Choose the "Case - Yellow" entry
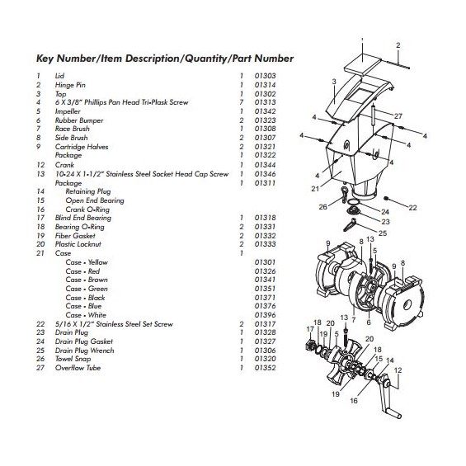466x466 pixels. click(x=86, y=262)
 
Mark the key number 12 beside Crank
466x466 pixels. click(x=39, y=163)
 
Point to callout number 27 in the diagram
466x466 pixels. click(x=398, y=115)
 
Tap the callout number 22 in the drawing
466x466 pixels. click(x=412, y=206)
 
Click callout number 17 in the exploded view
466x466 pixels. click(x=309, y=329)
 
